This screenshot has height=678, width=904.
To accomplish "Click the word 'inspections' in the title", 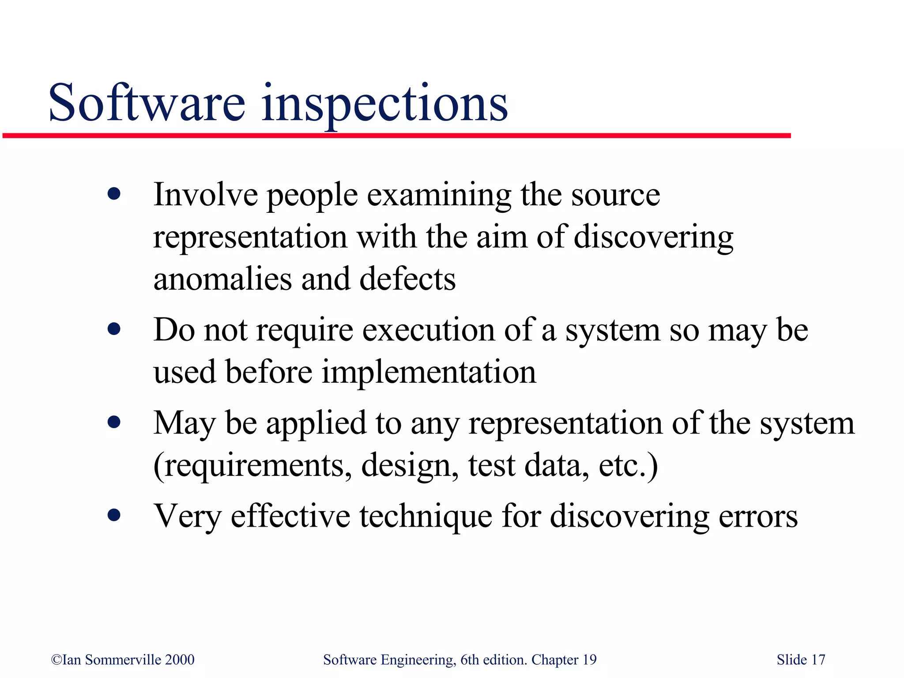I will [x=384, y=104].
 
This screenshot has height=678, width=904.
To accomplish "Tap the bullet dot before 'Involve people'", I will [x=114, y=194].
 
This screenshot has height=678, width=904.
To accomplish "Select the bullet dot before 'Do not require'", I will [x=114, y=329].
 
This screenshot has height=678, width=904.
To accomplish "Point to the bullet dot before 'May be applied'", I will [x=114, y=422].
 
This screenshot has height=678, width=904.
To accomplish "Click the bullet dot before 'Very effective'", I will [x=114, y=515].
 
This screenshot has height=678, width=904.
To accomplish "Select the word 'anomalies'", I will [x=222, y=279].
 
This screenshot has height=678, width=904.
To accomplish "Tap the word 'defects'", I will [x=407, y=279].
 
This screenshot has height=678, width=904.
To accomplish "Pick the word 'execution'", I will [x=428, y=330].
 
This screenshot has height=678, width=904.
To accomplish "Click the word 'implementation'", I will [x=429, y=372].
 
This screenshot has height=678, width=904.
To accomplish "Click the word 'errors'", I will [x=758, y=516].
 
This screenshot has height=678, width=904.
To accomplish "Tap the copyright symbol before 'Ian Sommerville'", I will [x=56, y=660].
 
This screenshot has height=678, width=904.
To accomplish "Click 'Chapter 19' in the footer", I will [x=564, y=660].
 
